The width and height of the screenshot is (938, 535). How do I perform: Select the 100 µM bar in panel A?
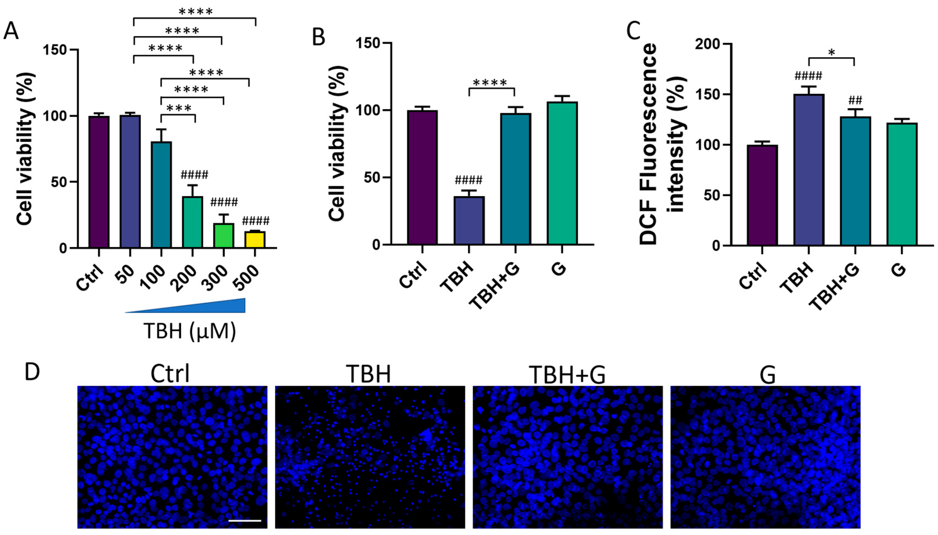click(161, 195)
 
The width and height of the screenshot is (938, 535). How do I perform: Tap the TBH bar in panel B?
click(469, 220)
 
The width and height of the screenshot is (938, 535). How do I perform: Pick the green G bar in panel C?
click(902, 184)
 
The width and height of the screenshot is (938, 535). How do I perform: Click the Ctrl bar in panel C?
click(762, 195)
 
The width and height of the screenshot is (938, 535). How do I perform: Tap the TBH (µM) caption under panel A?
click(189, 331)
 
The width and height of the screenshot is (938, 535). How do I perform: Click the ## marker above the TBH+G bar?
click(855, 100)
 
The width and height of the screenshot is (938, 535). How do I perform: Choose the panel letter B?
click(318, 38)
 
